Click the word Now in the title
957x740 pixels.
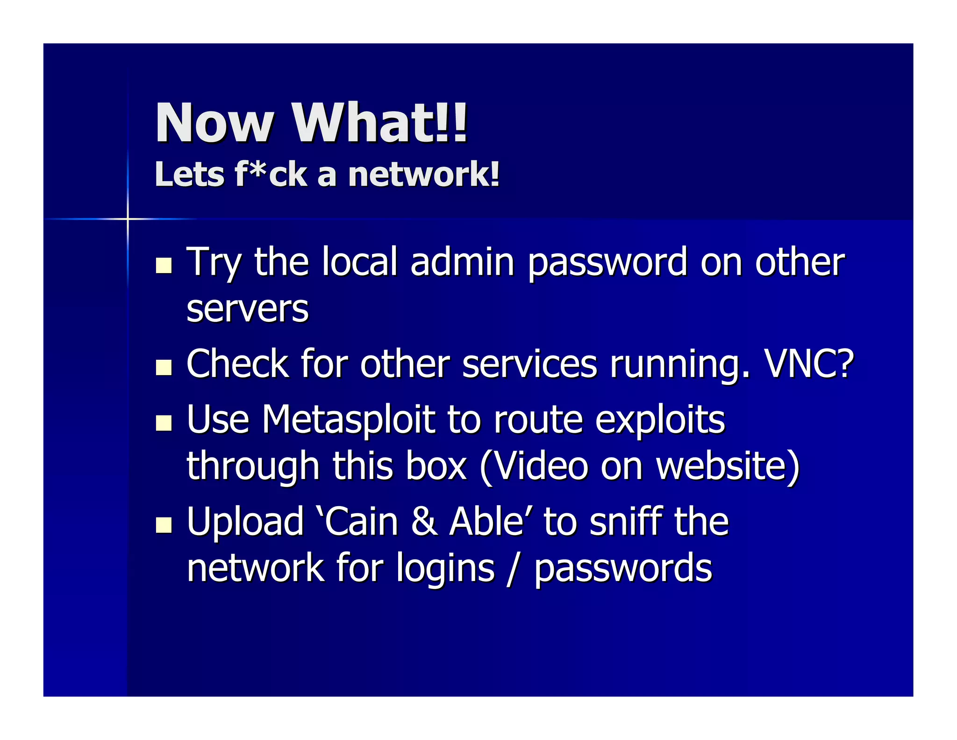click(x=214, y=123)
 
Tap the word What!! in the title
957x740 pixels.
click(x=379, y=123)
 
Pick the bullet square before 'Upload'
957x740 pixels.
click(x=164, y=525)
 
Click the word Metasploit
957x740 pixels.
click(x=348, y=419)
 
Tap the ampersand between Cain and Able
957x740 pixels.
click(x=424, y=522)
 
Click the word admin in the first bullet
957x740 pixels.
click(x=462, y=262)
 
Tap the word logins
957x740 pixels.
click(x=445, y=568)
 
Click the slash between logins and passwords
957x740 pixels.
click(x=514, y=568)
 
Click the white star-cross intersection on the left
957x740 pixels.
click(x=128, y=218)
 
